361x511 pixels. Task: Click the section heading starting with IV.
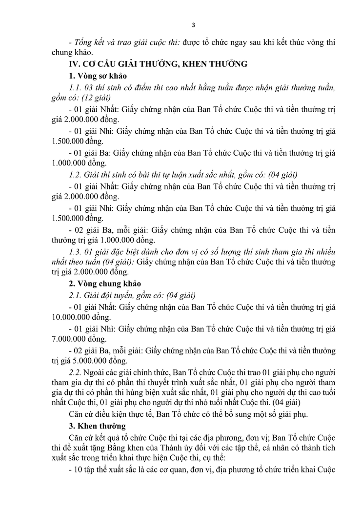pos(159,63)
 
